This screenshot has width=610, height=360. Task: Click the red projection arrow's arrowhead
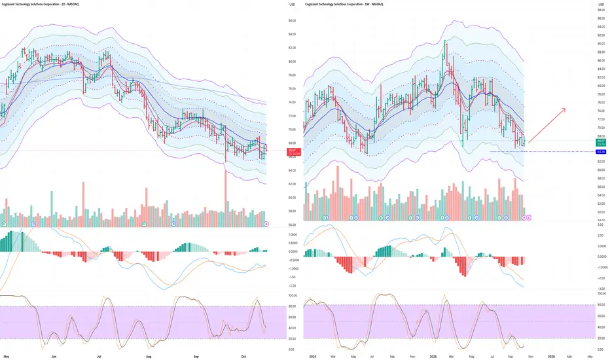coord(564,109)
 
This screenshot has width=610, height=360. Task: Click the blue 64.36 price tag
coord(600,152)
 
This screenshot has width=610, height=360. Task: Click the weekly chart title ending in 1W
coord(344,5)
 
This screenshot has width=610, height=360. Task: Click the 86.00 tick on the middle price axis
coord(291,20)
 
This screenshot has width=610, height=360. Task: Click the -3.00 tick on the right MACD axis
coord(600,288)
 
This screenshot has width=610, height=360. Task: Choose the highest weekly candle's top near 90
coord(445,41)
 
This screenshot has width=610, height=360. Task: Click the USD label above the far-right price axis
coord(600,5)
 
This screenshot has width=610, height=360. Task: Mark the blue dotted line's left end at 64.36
coord(490,152)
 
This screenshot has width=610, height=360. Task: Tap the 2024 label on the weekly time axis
coord(312,355)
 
